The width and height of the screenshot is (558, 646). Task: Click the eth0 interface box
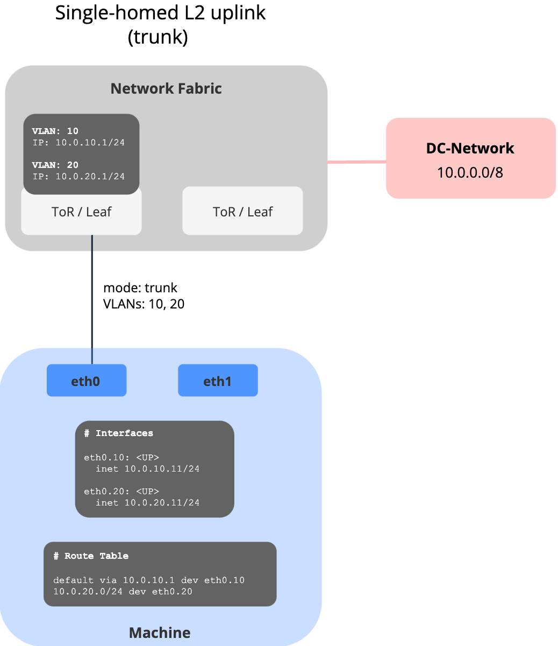(x=86, y=381)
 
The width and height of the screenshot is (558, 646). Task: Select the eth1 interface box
(x=218, y=381)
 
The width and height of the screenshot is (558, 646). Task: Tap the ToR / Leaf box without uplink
(x=242, y=212)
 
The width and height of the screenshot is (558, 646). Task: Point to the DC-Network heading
(x=470, y=148)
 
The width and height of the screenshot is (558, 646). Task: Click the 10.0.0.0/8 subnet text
(x=470, y=173)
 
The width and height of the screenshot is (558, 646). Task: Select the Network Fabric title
(x=166, y=88)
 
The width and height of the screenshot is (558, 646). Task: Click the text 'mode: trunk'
(x=140, y=287)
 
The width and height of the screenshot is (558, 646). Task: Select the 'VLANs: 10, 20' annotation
(x=144, y=304)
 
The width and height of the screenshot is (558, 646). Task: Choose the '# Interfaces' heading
(x=118, y=433)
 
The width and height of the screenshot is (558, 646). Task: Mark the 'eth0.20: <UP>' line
(x=121, y=491)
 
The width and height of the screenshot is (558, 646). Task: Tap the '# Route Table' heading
(x=91, y=556)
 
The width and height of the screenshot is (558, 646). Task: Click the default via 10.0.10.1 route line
(x=149, y=580)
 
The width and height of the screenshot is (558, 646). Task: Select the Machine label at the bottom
(x=160, y=632)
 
